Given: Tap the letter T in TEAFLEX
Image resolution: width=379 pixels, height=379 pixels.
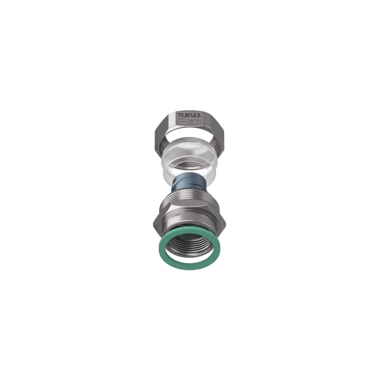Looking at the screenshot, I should click(x=179, y=115).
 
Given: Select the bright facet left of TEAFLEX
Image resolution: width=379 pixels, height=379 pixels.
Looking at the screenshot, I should click(x=167, y=124).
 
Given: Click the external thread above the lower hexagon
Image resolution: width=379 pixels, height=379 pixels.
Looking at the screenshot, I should click(x=189, y=199).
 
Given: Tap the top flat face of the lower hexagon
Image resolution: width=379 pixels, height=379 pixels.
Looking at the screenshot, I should click(x=189, y=209).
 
